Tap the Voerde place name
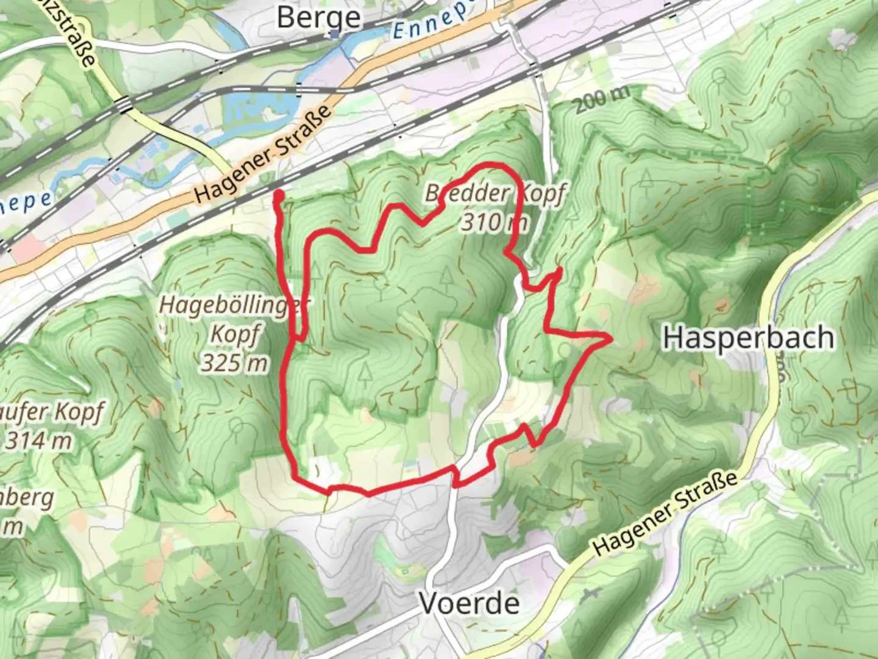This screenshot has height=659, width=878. point(469,603)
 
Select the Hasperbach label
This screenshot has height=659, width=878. point(748,337)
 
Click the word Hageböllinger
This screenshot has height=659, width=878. point(235,305)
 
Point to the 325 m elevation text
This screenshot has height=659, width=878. point(235,363)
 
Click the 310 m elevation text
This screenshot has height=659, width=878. point(494,223)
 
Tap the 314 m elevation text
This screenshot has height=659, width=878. point(38,440)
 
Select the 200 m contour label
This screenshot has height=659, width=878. point(601,99)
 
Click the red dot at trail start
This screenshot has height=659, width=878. point(278,195)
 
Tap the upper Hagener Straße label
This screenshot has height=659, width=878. point(263,156)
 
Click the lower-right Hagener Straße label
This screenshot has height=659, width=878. point(665,514)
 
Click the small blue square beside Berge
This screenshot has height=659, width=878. point(335,35)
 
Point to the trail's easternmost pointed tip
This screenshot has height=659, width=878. point(610,337)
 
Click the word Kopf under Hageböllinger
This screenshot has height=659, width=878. point(235,334)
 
